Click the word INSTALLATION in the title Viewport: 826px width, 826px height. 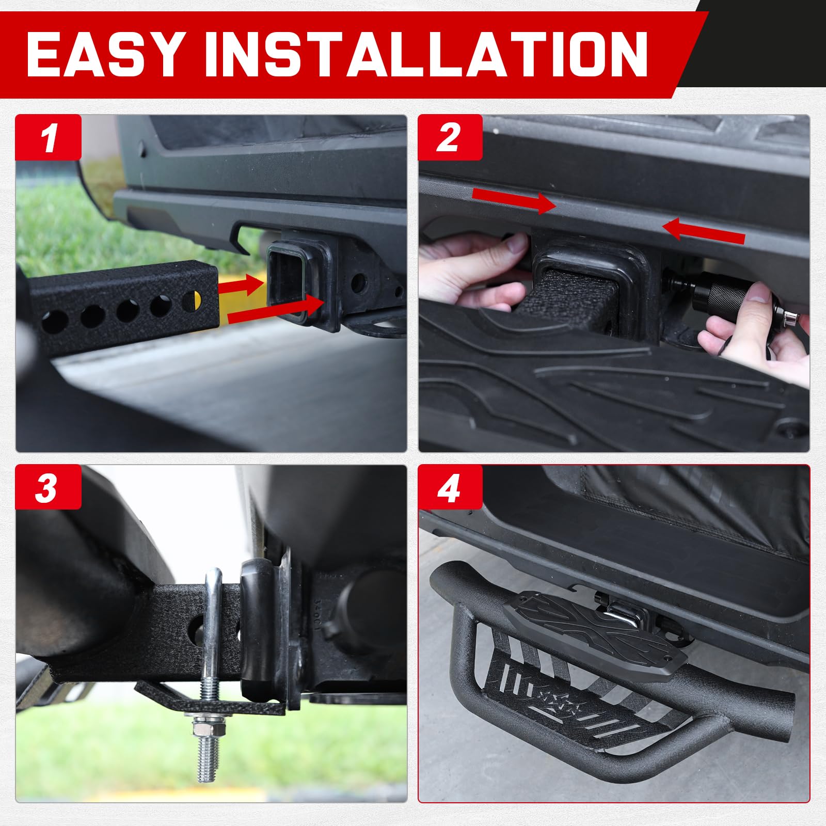pyautogui.click(x=426, y=53)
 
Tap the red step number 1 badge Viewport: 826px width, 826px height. pyautogui.click(x=49, y=137)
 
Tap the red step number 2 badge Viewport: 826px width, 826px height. pyautogui.click(x=449, y=137)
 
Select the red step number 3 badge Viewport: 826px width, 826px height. pyautogui.click(x=47, y=487)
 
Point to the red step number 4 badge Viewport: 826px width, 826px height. pyautogui.click(x=449, y=487)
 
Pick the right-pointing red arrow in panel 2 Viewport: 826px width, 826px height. pyautogui.click(x=514, y=200)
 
